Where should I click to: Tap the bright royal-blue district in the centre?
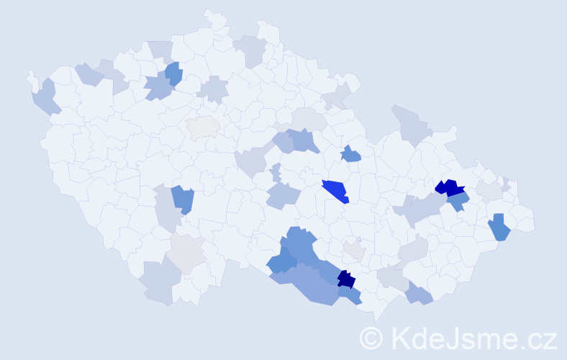(x=335, y=191)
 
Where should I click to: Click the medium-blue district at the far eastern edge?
(x=499, y=228)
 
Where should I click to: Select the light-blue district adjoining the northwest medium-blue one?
(x=158, y=88)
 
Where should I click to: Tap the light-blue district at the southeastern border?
(x=419, y=294)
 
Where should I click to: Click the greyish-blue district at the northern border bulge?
(x=251, y=50)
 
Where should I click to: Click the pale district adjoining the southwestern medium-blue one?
(x=167, y=210)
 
